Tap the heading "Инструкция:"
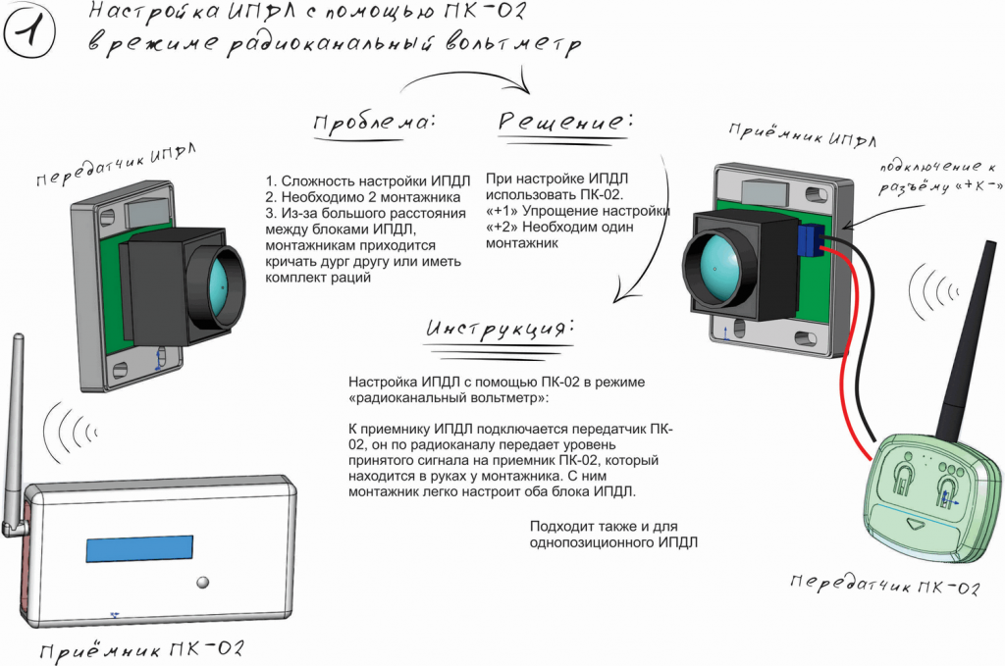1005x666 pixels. (x=497, y=327)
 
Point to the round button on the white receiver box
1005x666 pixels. (x=203, y=582)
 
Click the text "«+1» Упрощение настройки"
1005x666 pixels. (x=577, y=211)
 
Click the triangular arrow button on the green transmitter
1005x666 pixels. (x=917, y=525)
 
